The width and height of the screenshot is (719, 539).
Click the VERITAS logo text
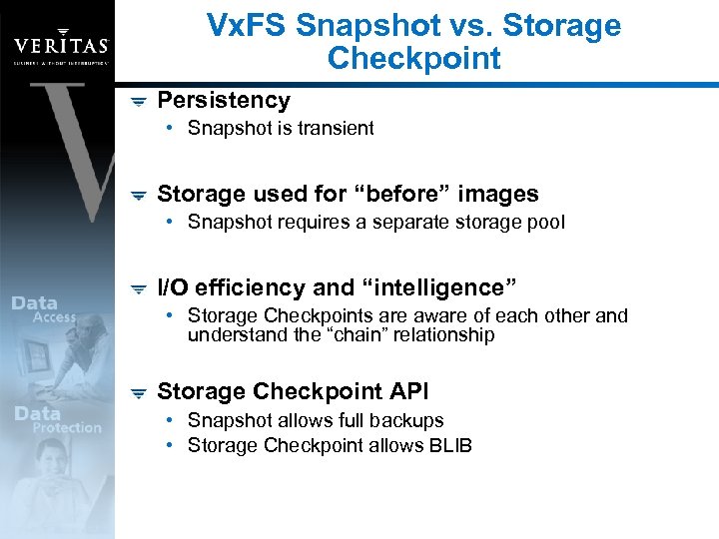(x=61, y=45)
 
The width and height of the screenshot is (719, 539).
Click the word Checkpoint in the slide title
(x=413, y=59)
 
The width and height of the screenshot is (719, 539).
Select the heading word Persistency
(x=224, y=100)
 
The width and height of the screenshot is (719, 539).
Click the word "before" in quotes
(x=397, y=194)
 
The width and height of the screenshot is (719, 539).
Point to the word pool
(x=546, y=222)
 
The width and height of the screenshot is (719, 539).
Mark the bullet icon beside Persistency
(x=139, y=101)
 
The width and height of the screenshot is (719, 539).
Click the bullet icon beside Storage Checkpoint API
(x=139, y=393)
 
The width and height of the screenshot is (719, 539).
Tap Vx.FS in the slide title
(x=249, y=25)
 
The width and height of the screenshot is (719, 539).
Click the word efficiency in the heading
(x=252, y=287)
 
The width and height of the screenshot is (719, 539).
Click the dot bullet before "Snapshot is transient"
(x=173, y=128)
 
